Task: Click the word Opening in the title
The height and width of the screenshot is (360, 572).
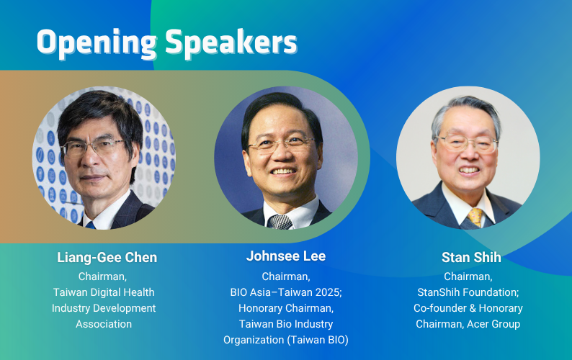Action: click(97, 43)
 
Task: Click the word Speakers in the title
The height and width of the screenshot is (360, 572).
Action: click(231, 42)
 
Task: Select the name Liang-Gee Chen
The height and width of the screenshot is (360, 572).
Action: click(107, 258)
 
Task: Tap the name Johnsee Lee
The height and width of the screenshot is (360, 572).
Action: click(286, 256)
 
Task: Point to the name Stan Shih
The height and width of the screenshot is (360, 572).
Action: click(471, 258)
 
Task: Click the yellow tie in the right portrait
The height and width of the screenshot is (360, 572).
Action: click(475, 217)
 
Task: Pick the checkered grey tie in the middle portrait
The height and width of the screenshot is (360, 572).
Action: click(280, 222)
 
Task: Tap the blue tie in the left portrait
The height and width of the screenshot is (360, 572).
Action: click(90, 225)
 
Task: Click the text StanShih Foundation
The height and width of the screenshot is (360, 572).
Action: click(468, 292)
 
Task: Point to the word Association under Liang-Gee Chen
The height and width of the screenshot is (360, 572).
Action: click(104, 324)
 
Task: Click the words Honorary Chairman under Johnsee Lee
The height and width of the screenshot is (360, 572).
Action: click(285, 308)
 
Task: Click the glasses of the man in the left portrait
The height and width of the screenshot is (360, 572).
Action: click(94, 147)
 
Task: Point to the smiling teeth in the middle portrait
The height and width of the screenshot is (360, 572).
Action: click(282, 171)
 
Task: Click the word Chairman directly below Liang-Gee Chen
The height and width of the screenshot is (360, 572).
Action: click(102, 276)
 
